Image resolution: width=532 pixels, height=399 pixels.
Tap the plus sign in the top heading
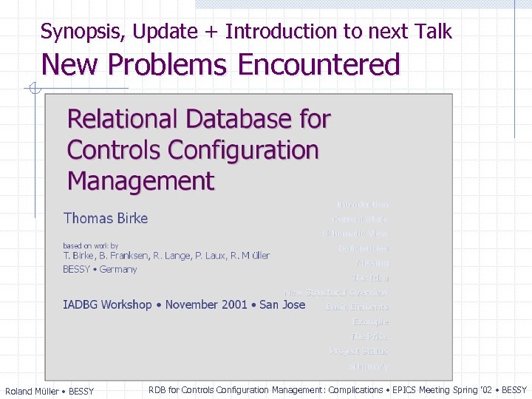[x=211, y=32]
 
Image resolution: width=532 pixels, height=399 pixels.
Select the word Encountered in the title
[x=318, y=65]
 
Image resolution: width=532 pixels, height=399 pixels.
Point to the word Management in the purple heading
[x=140, y=181]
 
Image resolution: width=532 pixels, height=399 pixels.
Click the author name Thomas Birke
[x=106, y=218]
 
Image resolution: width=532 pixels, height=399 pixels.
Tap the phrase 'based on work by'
[x=90, y=245]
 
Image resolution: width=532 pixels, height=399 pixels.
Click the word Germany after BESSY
[x=118, y=270]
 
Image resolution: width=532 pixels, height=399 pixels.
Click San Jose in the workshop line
[x=282, y=304]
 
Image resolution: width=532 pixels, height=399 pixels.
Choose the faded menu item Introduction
[x=362, y=205]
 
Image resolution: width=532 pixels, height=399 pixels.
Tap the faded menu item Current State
[x=360, y=219]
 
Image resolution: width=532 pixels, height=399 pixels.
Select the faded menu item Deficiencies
[x=363, y=248]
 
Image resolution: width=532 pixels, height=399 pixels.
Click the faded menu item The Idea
[x=369, y=278]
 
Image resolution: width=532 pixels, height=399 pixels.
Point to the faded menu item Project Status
[x=358, y=351]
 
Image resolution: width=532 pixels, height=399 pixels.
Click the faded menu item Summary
[x=369, y=366]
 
